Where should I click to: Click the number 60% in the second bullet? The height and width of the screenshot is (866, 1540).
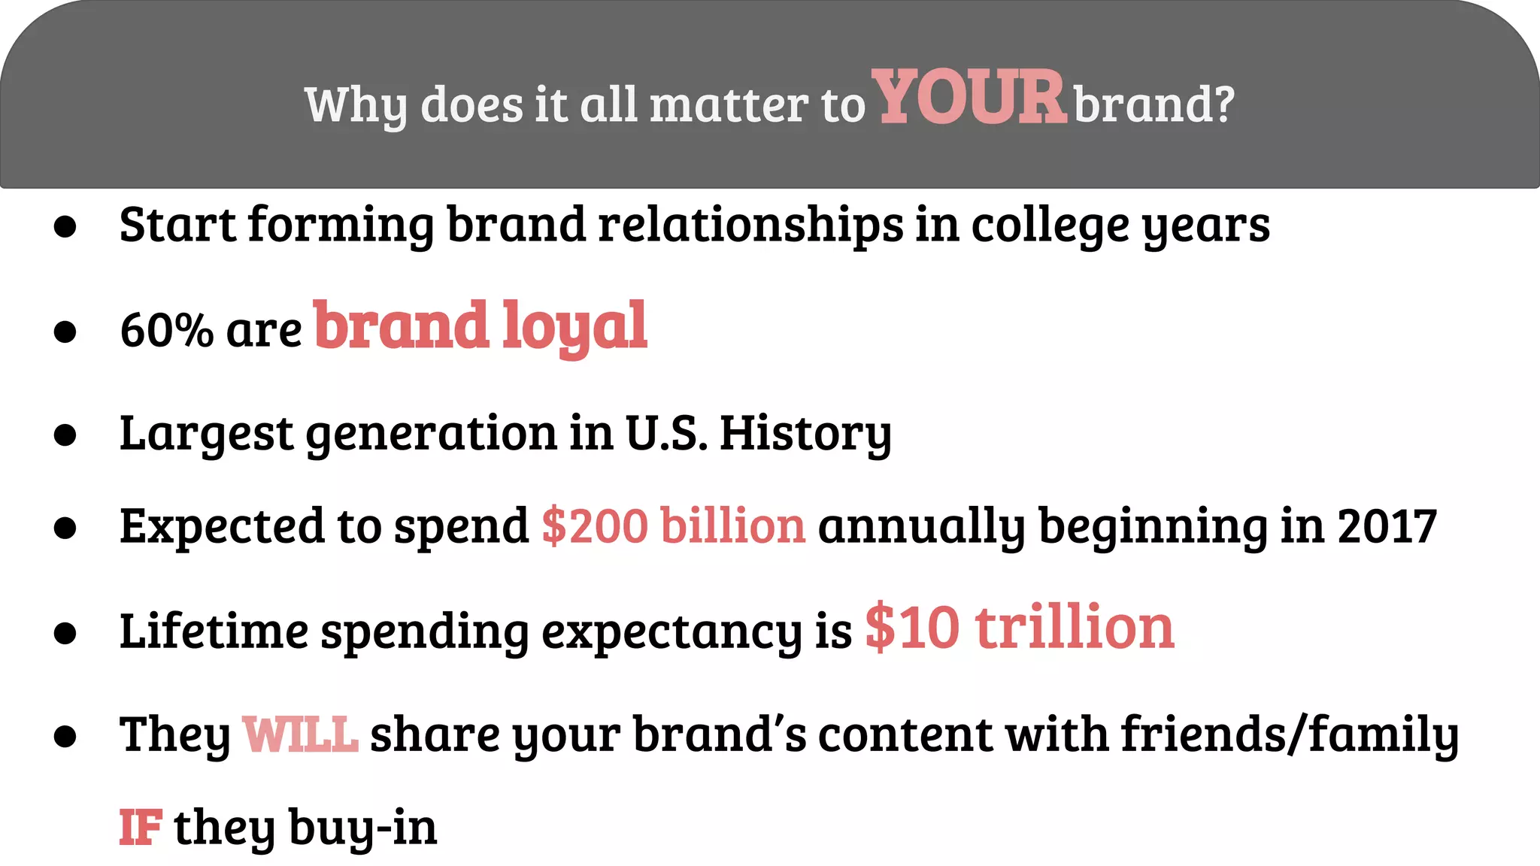(x=166, y=330)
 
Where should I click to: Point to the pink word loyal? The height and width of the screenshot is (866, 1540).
(x=574, y=326)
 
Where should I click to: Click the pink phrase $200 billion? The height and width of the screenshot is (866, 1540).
(x=673, y=525)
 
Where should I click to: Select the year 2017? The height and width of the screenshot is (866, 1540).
(x=1387, y=526)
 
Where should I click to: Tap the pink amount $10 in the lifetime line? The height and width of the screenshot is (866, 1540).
(x=912, y=628)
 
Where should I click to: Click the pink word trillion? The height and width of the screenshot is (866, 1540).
(x=1075, y=628)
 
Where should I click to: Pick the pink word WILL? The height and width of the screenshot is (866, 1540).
(x=300, y=734)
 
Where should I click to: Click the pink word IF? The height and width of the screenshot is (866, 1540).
(x=141, y=828)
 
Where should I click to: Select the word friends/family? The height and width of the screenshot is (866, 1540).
(x=1290, y=734)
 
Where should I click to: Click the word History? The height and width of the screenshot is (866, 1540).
(x=805, y=435)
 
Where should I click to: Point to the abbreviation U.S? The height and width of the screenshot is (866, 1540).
(x=666, y=434)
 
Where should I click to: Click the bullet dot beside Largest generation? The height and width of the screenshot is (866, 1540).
(x=65, y=435)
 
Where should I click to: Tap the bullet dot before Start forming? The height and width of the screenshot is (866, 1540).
(x=65, y=227)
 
